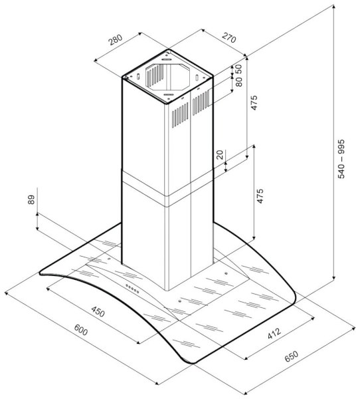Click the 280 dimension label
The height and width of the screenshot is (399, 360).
pyautogui.click(x=116, y=40)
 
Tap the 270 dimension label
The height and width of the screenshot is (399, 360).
pyautogui.click(x=229, y=38)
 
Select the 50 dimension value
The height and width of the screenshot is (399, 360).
pyautogui.click(x=238, y=68)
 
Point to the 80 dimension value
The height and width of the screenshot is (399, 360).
pyautogui.click(x=238, y=82)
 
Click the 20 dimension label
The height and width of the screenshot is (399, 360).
pyautogui.click(x=220, y=155)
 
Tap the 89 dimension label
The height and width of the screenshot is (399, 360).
pyautogui.click(x=31, y=199)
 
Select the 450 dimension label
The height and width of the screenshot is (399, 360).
pyautogui.click(x=98, y=311)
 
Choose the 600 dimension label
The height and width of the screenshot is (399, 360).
pyautogui.click(x=81, y=330)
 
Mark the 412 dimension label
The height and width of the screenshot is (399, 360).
pyautogui.click(x=274, y=334)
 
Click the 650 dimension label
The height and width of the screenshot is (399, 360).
pyautogui.click(x=291, y=356)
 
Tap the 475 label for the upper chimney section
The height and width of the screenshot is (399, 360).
pyautogui.click(x=254, y=102)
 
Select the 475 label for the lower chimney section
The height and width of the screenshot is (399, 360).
pyautogui.click(x=260, y=196)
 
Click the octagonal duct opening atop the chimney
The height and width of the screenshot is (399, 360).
pyautogui.click(x=168, y=77)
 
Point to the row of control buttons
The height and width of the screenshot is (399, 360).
pyautogui.click(x=132, y=289)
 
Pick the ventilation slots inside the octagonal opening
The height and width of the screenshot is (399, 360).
pyautogui.click(x=155, y=75)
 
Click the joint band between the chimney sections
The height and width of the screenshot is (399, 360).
pyautogui.click(x=167, y=189)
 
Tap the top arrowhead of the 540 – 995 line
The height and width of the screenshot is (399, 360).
pyautogui.click(x=334, y=7)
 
